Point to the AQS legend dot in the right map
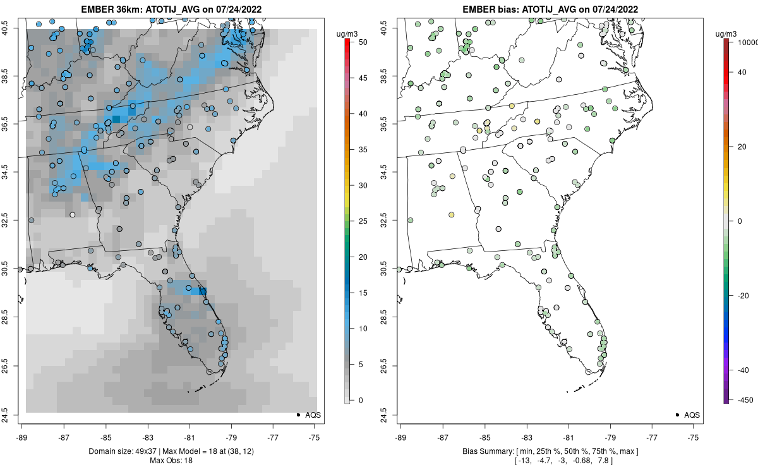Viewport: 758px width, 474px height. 677,415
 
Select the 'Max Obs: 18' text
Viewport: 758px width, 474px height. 170,460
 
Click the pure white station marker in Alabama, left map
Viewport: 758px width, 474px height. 72,215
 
